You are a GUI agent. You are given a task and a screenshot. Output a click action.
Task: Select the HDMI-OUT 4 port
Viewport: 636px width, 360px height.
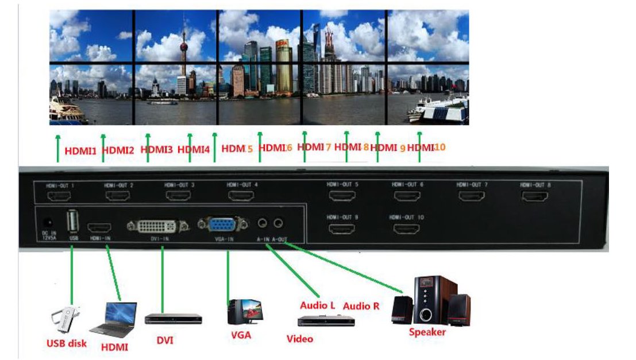(x=241, y=196)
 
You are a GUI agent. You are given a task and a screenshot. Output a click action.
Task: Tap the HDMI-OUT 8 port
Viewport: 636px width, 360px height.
(x=534, y=196)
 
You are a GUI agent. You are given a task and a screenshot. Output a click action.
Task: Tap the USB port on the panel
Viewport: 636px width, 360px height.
(x=72, y=220)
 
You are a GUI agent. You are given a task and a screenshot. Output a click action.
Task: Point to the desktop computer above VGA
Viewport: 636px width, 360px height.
(x=243, y=313)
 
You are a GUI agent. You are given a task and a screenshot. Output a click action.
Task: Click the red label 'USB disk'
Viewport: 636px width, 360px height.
(x=66, y=343)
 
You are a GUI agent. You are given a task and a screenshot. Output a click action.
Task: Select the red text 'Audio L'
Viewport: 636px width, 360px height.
(x=317, y=305)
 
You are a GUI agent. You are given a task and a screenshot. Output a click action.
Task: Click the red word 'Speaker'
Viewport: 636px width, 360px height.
(x=427, y=331)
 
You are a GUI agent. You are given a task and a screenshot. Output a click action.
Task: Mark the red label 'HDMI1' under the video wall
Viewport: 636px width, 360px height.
(x=80, y=152)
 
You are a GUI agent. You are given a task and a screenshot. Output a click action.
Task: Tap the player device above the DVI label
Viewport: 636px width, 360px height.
(x=173, y=318)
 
